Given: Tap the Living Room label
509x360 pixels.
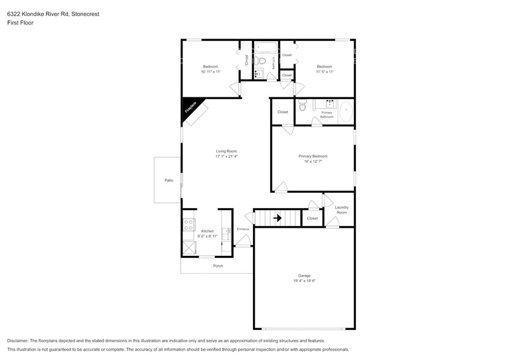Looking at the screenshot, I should [x=226, y=151].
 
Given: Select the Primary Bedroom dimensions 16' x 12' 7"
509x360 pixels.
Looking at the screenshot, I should [x=312, y=162].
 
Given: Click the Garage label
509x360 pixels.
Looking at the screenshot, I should [x=304, y=276].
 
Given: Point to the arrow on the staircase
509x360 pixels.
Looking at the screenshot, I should [x=277, y=217].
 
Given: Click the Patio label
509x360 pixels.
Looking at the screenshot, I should [x=168, y=181].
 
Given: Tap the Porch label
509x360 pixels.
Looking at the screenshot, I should [x=217, y=266].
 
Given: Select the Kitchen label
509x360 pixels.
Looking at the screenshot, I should [x=208, y=231].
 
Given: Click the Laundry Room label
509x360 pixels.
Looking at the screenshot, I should [x=341, y=210].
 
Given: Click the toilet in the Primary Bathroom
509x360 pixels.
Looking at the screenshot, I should [x=302, y=107].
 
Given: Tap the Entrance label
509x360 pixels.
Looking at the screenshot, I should [x=243, y=229].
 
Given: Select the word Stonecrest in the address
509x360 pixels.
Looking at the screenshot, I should [x=83, y=13].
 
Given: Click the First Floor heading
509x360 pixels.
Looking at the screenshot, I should [x=21, y=23].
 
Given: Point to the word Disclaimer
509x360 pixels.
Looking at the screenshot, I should [x=18, y=340].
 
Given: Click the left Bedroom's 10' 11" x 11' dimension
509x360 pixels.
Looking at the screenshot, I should [x=210, y=72].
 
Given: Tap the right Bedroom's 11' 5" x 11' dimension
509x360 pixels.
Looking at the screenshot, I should [x=324, y=72].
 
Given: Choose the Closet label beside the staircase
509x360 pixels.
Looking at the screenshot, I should [x=312, y=218].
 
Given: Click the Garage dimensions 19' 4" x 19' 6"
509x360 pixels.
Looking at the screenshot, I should [x=304, y=281].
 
